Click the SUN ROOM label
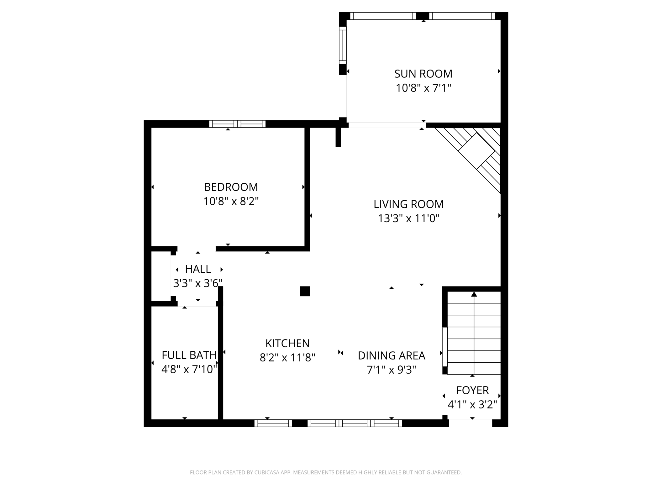[423, 74]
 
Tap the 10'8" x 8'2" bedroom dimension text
[231, 201]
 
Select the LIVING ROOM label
[408, 204]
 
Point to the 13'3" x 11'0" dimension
[408, 218]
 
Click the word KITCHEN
[287, 344]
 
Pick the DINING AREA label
[392, 356]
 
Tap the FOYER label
[472, 391]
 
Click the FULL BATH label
[189, 355]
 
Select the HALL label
[198, 269]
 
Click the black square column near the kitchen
[305, 291]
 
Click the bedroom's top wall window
[237, 124]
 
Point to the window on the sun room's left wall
[343, 45]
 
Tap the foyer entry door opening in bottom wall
[470, 423]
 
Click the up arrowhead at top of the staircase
[474, 294]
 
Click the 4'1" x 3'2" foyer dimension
[472, 405]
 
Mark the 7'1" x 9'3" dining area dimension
[392, 370]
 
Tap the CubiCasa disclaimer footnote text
[326, 472]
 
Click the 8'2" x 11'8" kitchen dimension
[287, 358]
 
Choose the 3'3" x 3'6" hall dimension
[198, 283]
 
